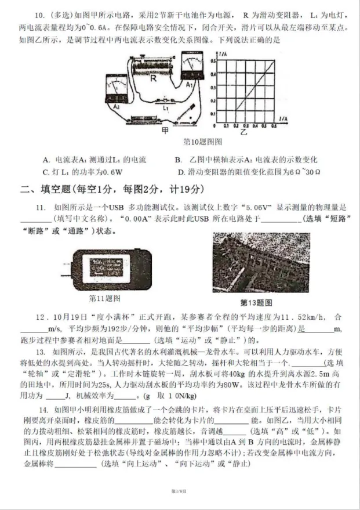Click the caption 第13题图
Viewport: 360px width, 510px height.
click(x=256, y=302)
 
